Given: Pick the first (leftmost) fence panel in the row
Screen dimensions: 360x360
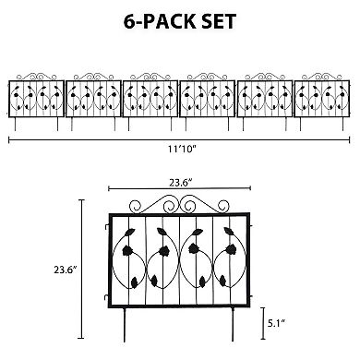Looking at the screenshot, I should click(38, 97).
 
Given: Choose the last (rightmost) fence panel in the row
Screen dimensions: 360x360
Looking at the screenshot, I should click(322, 97).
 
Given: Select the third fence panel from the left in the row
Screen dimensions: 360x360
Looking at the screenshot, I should click(151, 97).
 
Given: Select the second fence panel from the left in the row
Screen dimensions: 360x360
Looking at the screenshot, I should click(94, 97).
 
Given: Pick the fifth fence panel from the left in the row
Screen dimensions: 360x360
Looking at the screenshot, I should click(265, 97).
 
